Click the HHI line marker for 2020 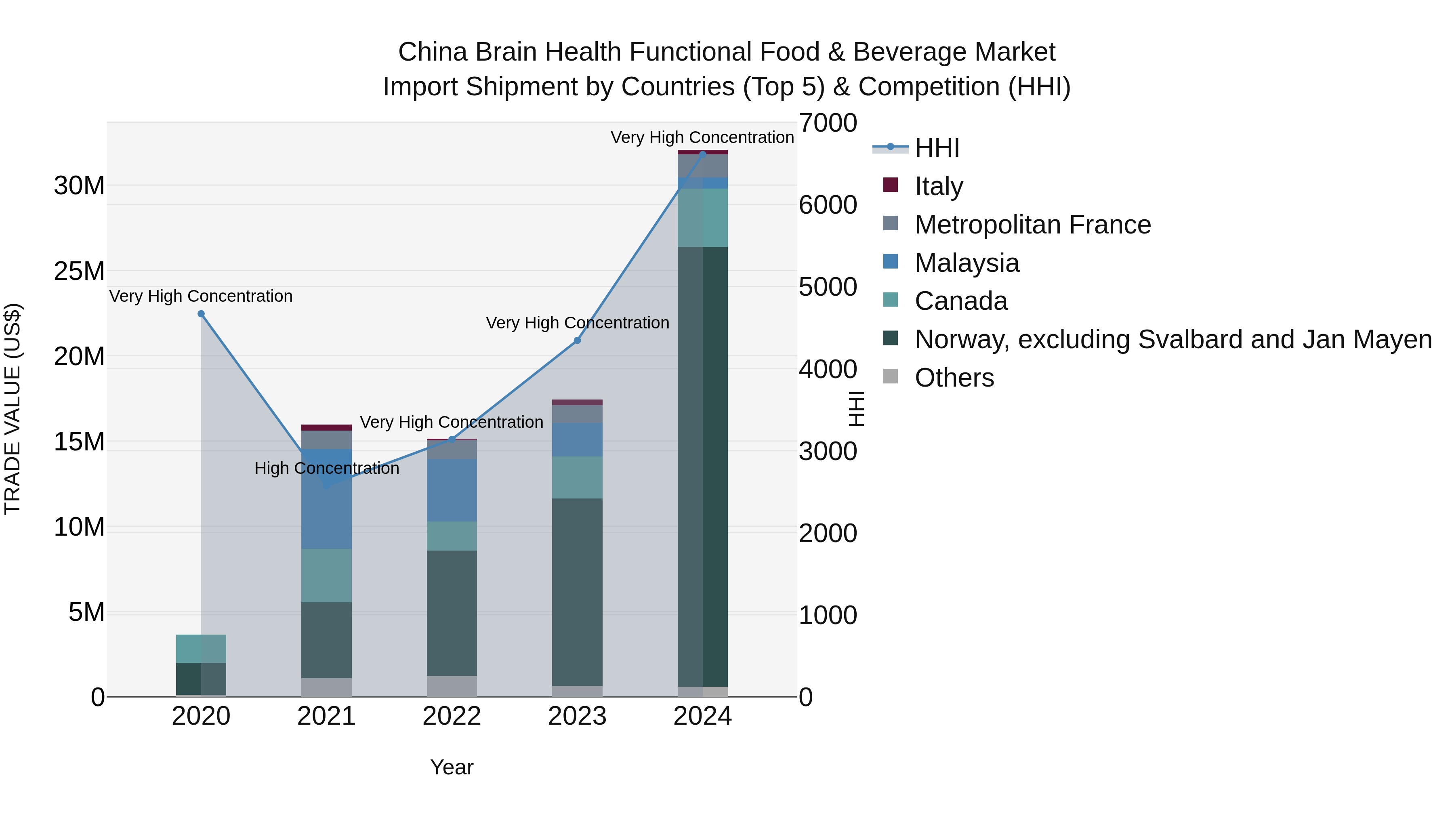click(x=201, y=314)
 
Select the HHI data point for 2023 click(x=577, y=341)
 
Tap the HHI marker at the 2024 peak click(x=703, y=154)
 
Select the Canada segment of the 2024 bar click(x=703, y=217)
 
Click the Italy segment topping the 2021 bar click(x=326, y=427)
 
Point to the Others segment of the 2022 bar click(x=452, y=686)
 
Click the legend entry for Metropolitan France click(x=1032, y=225)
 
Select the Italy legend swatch click(x=890, y=185)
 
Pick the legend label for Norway click(x=1173, y=339)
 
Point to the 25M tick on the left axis click(x=79, y=271)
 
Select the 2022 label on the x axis click(x=452, y=716)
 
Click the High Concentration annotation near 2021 click(x=327, y=468)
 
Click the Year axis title click(x=452, y=767)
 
